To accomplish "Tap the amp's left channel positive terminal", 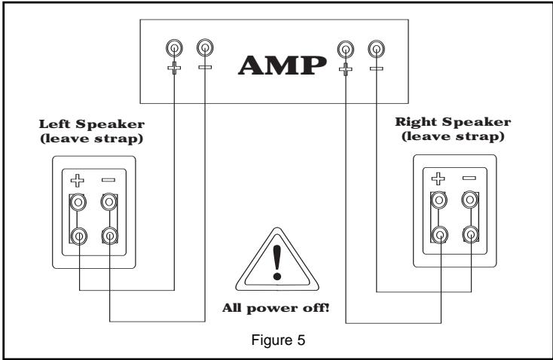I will click(174, 50).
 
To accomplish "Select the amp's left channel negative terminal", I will click(204, 50).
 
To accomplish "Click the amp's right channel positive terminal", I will click(345, 50).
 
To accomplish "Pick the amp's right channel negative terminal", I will click(374, 50).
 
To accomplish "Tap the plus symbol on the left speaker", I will click(78, 182).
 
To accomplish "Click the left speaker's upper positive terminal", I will click(78, 203).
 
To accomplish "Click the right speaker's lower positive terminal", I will click(438, 234).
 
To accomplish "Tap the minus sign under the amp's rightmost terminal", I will click(374, 68).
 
